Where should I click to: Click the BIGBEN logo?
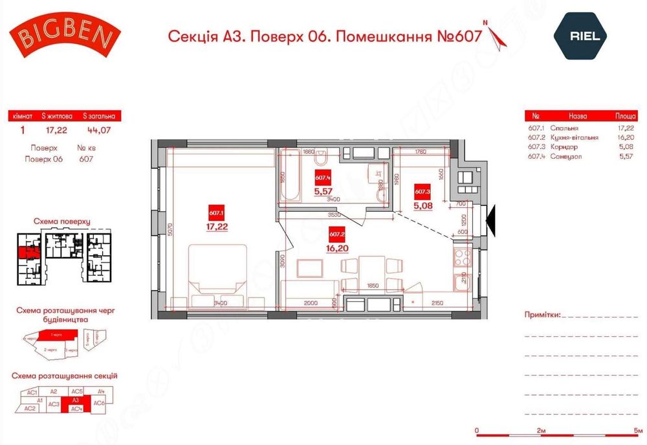(x=65, y=36)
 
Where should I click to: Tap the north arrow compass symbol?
(x=498, y=37)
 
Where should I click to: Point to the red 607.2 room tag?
(x=336, y=234)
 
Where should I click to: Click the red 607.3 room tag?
(x=422, y=192)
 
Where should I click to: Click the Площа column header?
(x=626, y=117)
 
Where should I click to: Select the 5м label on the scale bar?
(x=639, y=430)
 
